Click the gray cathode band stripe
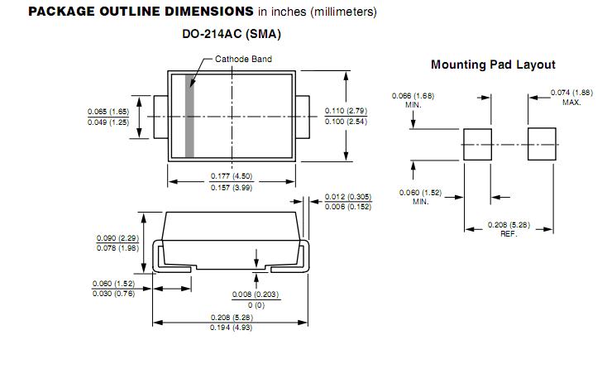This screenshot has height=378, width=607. click(189, 116)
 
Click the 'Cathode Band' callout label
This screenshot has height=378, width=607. click(243, 59)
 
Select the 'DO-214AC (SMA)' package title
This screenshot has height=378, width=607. click(232, 34)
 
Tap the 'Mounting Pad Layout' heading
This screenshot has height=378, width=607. click(493, 65)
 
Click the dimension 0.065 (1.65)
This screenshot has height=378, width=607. click(108, 111)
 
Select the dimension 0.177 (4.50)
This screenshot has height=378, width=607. click(231, 176)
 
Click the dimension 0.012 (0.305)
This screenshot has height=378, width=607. click(347, 196)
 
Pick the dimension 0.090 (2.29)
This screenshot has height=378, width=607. click(117, 237)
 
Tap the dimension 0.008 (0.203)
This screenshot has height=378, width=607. click(255, 294)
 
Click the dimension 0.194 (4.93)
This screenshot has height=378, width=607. click(231, 328)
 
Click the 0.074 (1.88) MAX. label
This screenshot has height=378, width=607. click(571, 93)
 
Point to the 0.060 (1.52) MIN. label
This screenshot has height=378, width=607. click(420, 193)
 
